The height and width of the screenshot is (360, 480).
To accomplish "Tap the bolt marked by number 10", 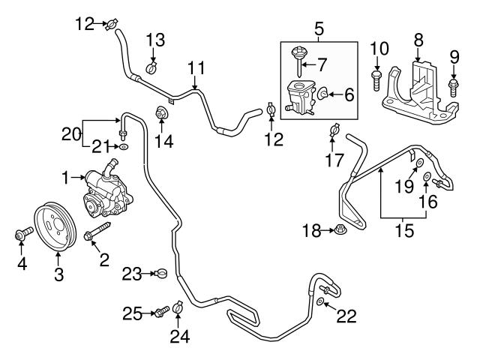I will (x=376, y=76).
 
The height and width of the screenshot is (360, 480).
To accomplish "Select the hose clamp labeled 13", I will (x=151, y=68).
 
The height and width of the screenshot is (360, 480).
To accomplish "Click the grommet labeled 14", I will (x=160, y=114).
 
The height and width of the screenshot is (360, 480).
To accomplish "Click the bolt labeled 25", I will (x=159, y=311).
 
